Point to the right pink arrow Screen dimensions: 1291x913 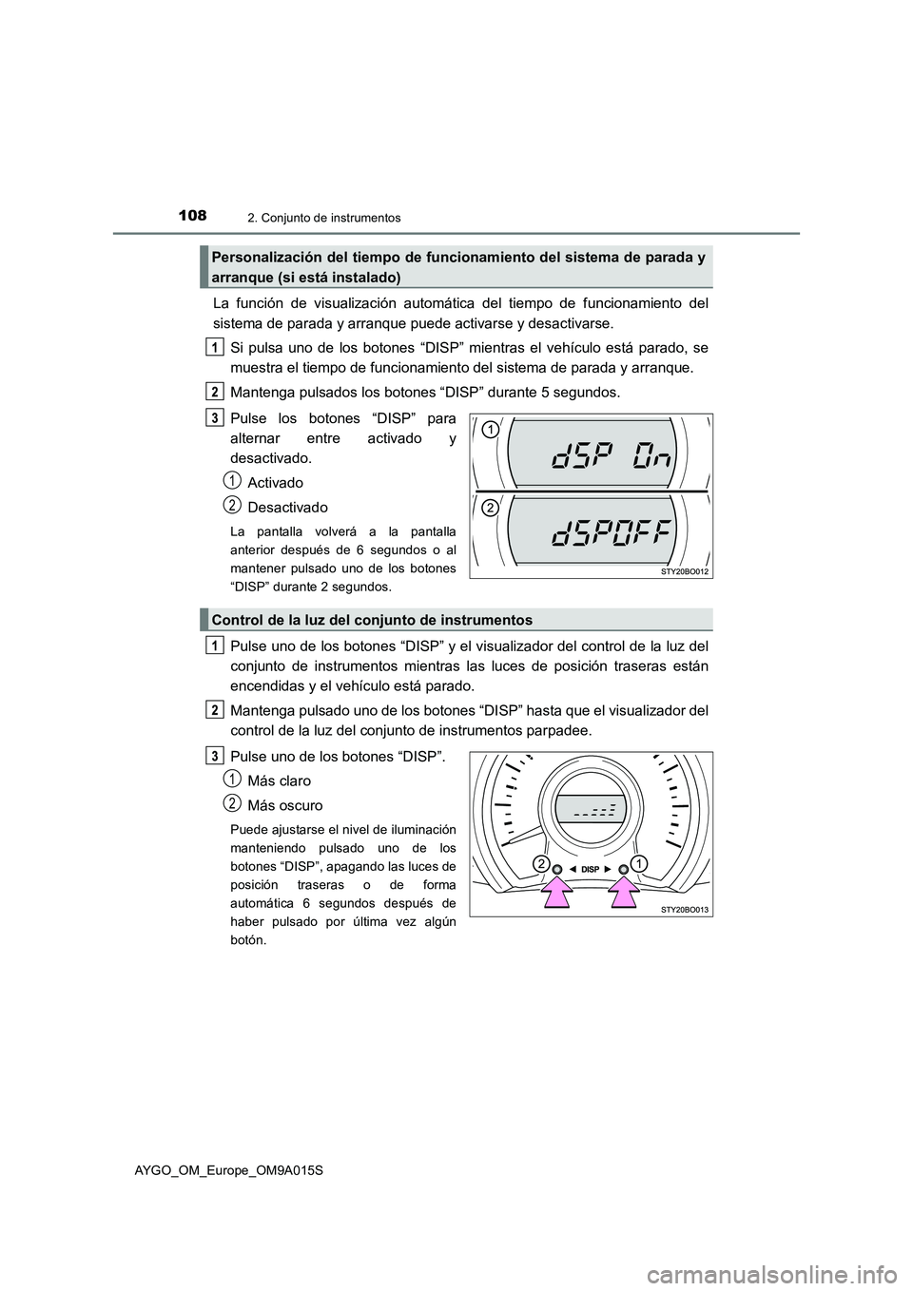click(623, 894)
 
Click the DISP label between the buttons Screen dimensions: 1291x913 click(590, 869)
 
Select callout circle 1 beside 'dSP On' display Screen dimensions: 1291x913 click(488, 431)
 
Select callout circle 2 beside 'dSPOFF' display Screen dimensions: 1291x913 click(488, 509)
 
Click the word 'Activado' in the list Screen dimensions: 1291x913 click(275, 483)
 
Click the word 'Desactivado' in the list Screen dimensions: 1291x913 click(287, 508)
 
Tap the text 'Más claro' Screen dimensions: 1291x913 click(279, 780)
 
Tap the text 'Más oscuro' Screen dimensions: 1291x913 click(284, 805)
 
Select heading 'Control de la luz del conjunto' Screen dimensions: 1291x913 click(372, 620)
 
